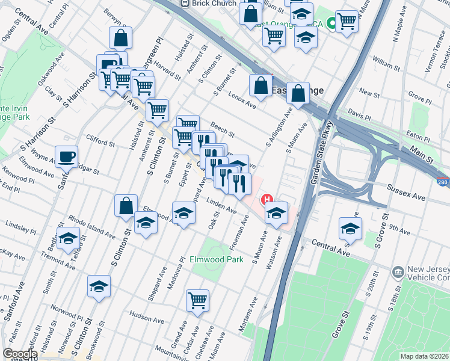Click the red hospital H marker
click(266, 199)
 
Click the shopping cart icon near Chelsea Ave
click(197, 300)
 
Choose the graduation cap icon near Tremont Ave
click(69, 238)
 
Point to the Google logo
click(20, 354)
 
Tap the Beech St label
click(222, 129)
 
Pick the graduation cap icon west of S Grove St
click(350, 228)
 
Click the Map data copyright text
click(424, 356)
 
